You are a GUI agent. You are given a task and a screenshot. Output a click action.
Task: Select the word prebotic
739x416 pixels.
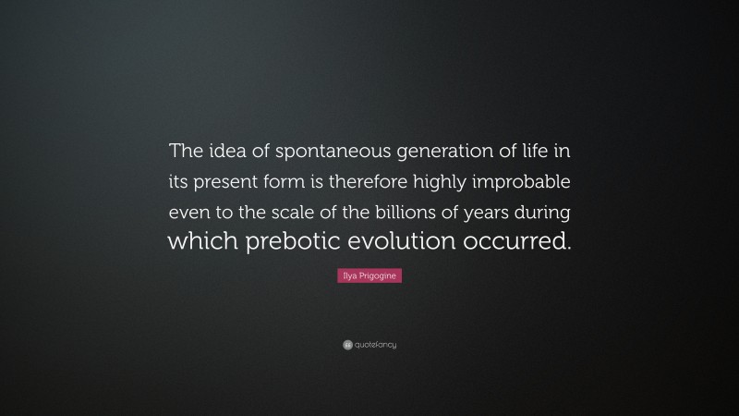coord(293,242)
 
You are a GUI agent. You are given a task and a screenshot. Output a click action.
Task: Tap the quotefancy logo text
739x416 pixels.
coord(374,345)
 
